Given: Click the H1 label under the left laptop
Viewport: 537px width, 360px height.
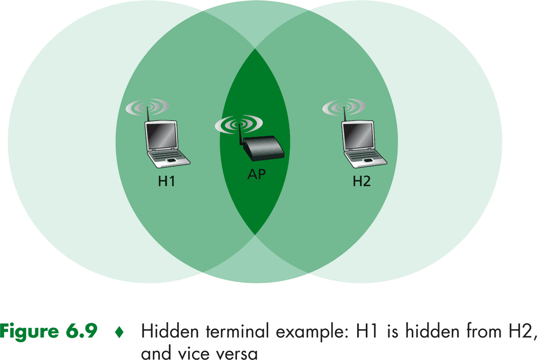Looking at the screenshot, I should pyautogui.click(x=167, y=181).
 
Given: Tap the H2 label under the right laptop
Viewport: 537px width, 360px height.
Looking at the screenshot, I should pyautogui.click(x=361, y=181).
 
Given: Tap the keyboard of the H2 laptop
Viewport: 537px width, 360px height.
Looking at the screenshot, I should pyautogui.click(x=365, y=157).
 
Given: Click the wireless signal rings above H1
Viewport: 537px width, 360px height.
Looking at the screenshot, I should pyautogui.click(x=147, y=107).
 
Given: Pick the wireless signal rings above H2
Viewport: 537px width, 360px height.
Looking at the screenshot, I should pyautogui.click(x=344, y=107).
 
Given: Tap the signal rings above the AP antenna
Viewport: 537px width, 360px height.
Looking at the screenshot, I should pyautogui.click(x=239, y=124).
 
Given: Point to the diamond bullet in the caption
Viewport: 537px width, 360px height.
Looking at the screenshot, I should pyautogui.click(x=119, y=332).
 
